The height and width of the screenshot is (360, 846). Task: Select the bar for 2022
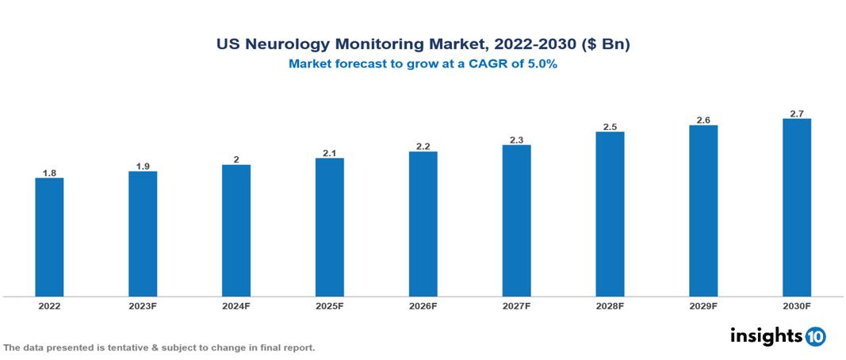[x=49, y=236]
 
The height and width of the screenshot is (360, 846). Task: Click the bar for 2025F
[x=329, y=227]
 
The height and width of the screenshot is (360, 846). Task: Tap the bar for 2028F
[x=610, y=213]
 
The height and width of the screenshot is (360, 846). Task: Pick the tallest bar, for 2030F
[x=796, y=207]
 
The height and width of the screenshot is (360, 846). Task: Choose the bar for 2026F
[x=423, y=224]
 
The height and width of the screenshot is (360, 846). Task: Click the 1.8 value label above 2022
[x=49, y=172]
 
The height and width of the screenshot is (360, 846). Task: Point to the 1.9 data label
[x=143, y=166]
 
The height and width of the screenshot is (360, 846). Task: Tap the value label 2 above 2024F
[x=236, y=159]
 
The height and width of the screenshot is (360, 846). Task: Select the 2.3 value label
[x=516, y=140]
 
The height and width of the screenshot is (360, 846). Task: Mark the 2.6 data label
[x=703, y=120]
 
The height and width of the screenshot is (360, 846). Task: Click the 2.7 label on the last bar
[x=796, y=113]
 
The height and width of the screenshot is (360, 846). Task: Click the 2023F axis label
[x=143, y=305]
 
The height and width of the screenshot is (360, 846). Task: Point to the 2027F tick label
[x=516, y=305]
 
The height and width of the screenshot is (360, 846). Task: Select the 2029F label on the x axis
[x=703, y=305]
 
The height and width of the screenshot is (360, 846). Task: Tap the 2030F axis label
[x=796, y=305]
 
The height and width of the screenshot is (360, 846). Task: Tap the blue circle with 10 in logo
[x=815, y=336]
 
